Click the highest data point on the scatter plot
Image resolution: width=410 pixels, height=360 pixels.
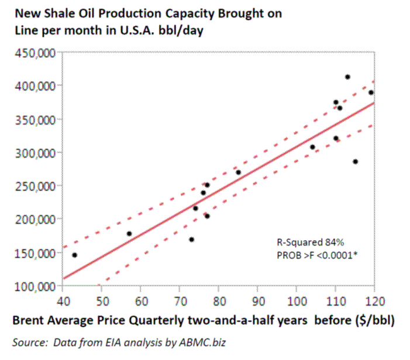click(347, 77)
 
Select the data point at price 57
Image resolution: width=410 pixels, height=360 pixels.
click(129, 234)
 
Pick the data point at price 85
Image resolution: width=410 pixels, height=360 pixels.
click(238, 172)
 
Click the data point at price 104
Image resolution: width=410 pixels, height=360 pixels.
click(312, 147)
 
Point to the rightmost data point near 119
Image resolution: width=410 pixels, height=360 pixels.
click(371, 92)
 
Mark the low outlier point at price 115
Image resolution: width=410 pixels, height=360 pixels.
click(355, 161)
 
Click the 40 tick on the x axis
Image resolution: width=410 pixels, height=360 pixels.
click(63, 301)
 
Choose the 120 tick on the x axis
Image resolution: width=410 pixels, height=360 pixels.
click(374, 301)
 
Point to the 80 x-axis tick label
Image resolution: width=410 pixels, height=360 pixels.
click(218, 301)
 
